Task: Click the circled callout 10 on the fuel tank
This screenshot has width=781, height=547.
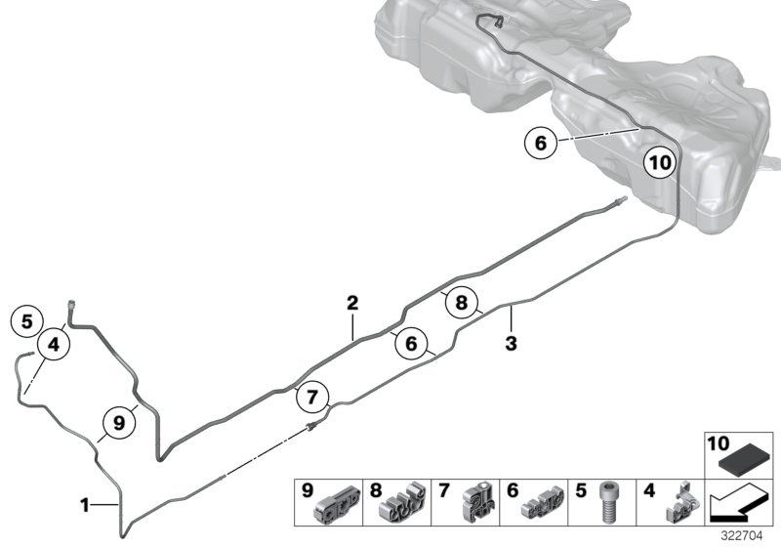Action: click(660, 162)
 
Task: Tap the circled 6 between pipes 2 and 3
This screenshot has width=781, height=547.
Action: click(411, 344)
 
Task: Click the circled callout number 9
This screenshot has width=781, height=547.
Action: click(119, 423)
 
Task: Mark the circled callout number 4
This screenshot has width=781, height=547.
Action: click(53, 343)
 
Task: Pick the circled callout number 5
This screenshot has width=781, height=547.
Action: click(27, 319)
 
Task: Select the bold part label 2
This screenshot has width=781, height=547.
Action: click(352, 304)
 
